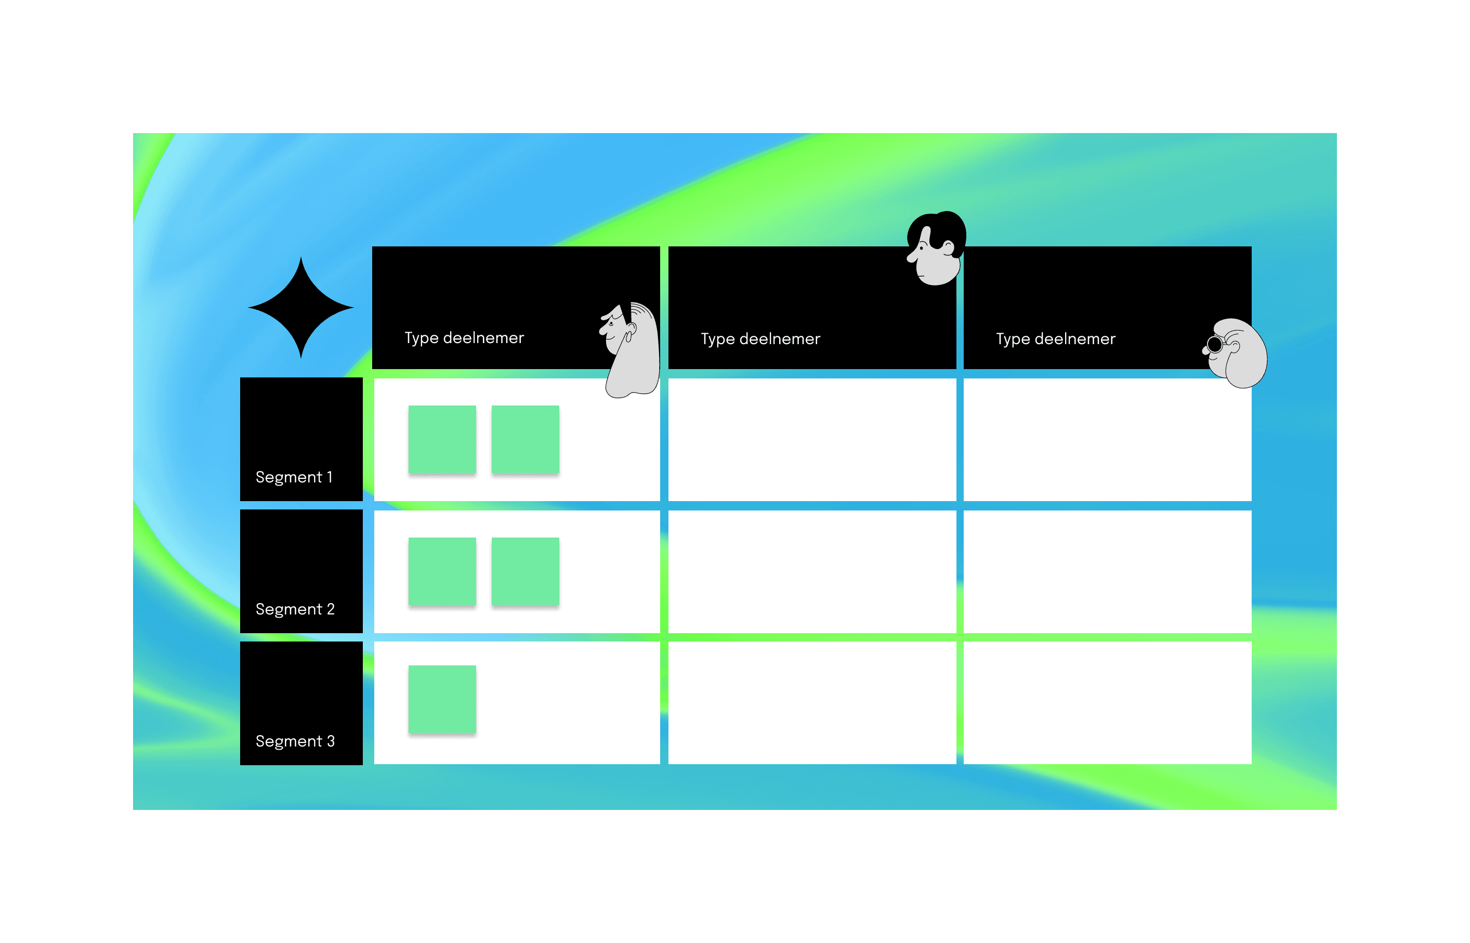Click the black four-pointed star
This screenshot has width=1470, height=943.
click(x=300, y=307)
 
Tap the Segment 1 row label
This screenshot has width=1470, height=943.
click(x=294, y=477)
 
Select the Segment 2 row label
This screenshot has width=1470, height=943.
click(x=295, y=609)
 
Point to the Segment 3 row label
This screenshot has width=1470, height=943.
click(x=295, y=741)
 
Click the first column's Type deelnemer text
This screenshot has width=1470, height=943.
click(x=464, y=338)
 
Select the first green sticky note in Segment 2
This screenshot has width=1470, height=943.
click(x=442, y=571)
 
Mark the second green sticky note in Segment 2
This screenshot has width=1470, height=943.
click(x=526, y=571)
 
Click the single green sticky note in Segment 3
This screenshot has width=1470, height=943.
click(x=442, y=699)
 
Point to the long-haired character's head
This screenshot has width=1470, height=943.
click(x=631, y=349)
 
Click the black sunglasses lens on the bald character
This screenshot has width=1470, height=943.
click(x=1215, y=345)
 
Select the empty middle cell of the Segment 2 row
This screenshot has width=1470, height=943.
click(x=812, y=571)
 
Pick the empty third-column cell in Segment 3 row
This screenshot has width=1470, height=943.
click(x=1107, y=703)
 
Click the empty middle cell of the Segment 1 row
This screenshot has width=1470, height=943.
click(x=812, y=439)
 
